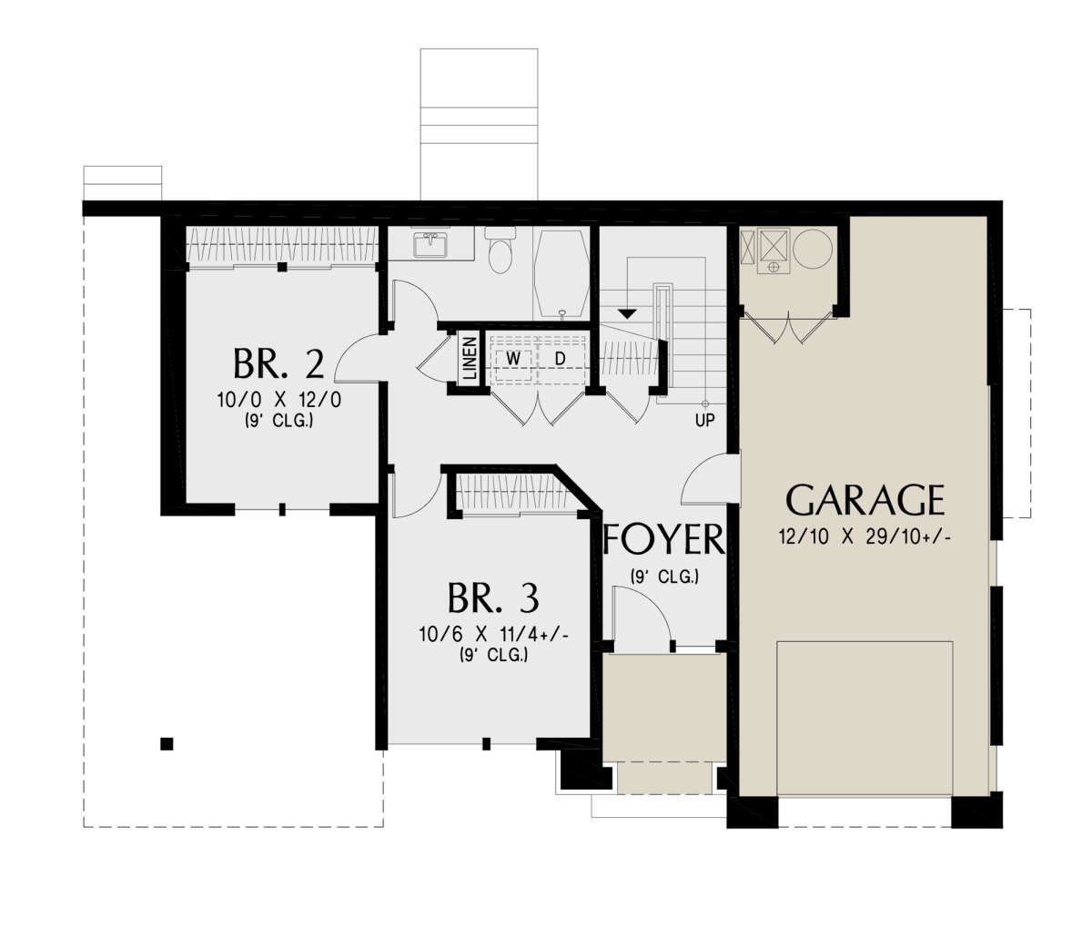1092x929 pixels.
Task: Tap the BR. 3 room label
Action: pyautogui.click(x=493, y=597)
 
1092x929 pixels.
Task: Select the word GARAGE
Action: pyautogui.click(x=864, y=500)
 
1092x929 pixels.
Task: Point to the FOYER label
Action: pyautogui.click(x=663, y=539)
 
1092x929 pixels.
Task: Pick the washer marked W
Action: pyautogui.click(x=512, y=359)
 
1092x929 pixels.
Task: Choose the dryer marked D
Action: pyautogui.click(x=561, y=359)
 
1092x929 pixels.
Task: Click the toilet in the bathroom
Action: pyautogui.click(x=500, y=250)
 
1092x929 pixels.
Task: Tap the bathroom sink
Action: pyautogui.click(x=430, y=244)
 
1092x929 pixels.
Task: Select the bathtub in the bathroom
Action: pyautogui.click(x=561, y=273)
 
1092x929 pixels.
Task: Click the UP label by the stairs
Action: pyautogui.click(x=704, y=421)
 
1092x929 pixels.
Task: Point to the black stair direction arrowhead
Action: pyautogui.click(x=627, y=313)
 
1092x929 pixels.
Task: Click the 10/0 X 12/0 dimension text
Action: pyautogui.click(x=279, y=400)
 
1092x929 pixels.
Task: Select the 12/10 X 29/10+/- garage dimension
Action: pyautogui.click(x=864, y=537)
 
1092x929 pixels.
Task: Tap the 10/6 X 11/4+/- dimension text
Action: pyautogui.click(x=493, y=634)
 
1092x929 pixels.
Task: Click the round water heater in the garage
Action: pyautogui.click(x=813, y=249)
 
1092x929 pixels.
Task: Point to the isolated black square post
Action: pyautogui.click(x=167, y=744)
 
